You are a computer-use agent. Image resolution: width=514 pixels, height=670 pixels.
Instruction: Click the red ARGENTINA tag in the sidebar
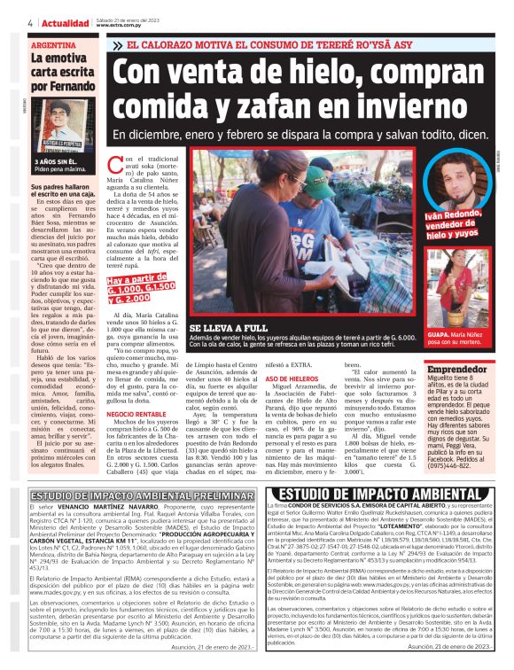coord(52,43)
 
